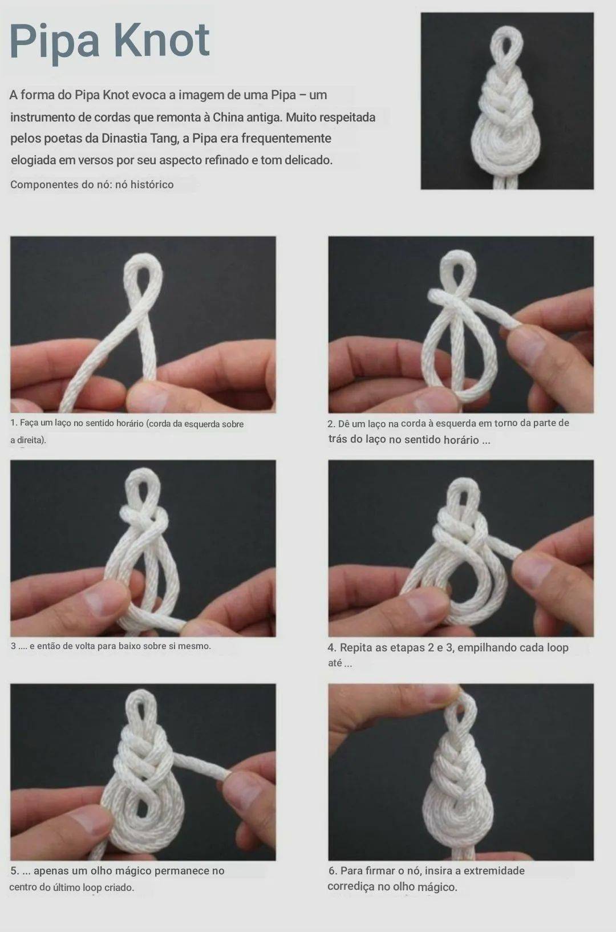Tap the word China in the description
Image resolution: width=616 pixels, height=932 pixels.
[x=228, y=117]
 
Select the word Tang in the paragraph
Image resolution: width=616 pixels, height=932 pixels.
[x=164, y=139]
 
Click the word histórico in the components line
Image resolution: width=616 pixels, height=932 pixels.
[x=152, y=184]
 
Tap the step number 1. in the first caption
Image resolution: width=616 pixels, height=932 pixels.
[x=14, y=423]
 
